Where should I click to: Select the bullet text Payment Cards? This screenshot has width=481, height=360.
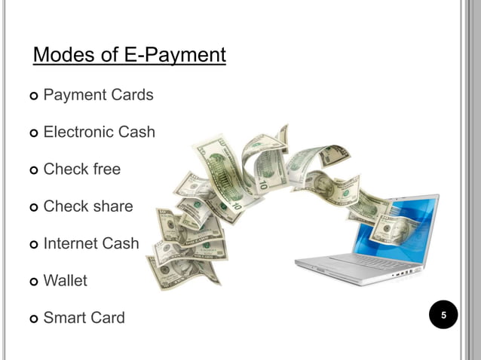click(98, 96)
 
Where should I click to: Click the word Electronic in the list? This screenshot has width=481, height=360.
click(80, 133)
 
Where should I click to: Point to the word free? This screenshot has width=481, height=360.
click(106, 169)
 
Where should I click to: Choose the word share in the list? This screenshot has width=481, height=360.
click(113, 206)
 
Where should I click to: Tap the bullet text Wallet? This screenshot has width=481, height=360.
click(65, 281)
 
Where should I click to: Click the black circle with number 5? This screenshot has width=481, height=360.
click(444, 315)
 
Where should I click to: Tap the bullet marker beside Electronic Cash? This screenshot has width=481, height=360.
click(33, 133)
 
